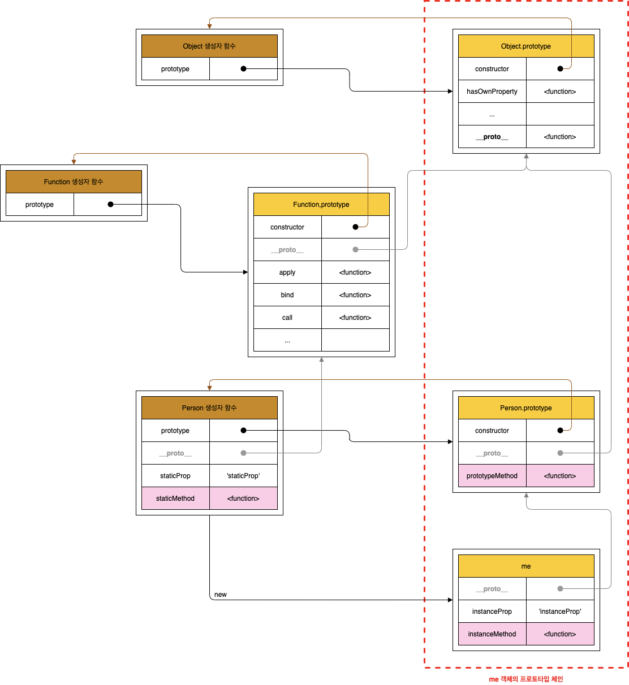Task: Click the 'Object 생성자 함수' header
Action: click(209, 46)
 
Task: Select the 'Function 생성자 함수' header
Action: click(74, 182)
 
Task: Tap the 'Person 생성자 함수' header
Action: click(209, 408)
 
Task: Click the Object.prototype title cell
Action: click(526, 46)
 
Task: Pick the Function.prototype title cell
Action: click(321, 205)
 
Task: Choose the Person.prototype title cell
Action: click(526, 408)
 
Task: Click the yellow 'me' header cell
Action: click(526, 566)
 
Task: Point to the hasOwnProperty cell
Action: click(492, 92)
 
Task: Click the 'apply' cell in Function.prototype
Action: click(287, 272)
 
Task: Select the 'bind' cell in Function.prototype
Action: click(287, 295)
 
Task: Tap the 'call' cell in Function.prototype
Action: click(287, 318)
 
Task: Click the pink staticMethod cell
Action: click(175, 498)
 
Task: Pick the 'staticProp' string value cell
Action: click(243, 476)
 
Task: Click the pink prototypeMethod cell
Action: click(492, 476)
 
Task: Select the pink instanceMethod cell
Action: click(492, 634)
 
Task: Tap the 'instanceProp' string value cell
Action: click(560, 612)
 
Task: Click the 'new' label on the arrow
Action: click(221, 595)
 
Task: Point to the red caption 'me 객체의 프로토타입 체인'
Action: click(526, 679)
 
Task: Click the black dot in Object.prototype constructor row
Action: click(560, 69)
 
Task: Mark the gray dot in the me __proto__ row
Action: click(560, 589)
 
